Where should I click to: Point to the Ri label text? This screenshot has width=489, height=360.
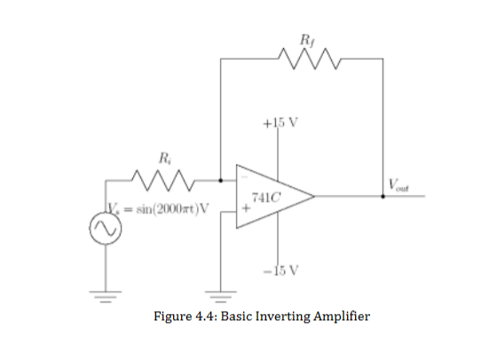pyautogui.click(x=166, y=158)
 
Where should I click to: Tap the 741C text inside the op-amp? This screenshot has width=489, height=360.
pyautogui.click(x=264, y=196)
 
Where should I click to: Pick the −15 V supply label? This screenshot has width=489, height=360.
pyautogui.click(x=283, y=268)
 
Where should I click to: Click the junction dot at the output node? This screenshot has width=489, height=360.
pyautogui.click(x=383, y=197)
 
